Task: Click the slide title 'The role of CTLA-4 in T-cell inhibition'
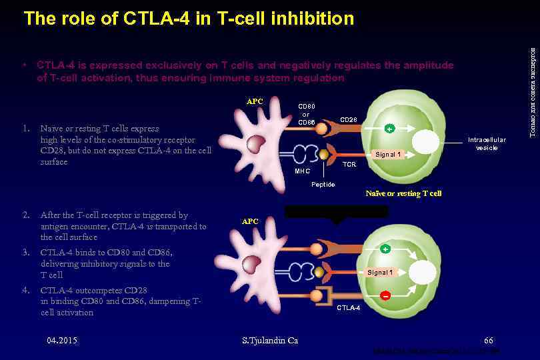pyautogui.click(x=189, y=19)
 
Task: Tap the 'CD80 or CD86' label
pyautogui.click(x=307, y=113)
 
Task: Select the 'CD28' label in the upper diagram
pyautogui.click(x=349, y=120)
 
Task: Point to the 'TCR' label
pyautogui.click(x=349, y=164)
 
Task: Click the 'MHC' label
pyautogui.click(x=302, y=171)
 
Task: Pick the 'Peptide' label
pyautogui.click(x=323, y=184)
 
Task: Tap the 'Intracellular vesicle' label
pyautogui.click(x=487, y=143)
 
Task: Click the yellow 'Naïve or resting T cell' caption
pyautogui.click(x=403, y=193)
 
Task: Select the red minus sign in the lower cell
pyautogui.click(x=385, y=295)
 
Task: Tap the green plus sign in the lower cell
pyautogui.click(x=385, y=249)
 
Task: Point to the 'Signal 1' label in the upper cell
pyautogui.click(x=388, y=155)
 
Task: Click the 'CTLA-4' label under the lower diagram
pyautogui.click(x=348, y=308)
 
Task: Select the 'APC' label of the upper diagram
pyautogui.click(x=255, y=101)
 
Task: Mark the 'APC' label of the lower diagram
pyautogui.click(x=250, y=221)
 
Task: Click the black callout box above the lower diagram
pyautogui.click(x=336, y=212)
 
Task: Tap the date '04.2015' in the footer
pyautogui.click(x=62, y=341)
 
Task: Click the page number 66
pyautogui.click(x=489, y=341)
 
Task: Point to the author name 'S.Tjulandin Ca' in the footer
pyautogui.click(x=269, y=341)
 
